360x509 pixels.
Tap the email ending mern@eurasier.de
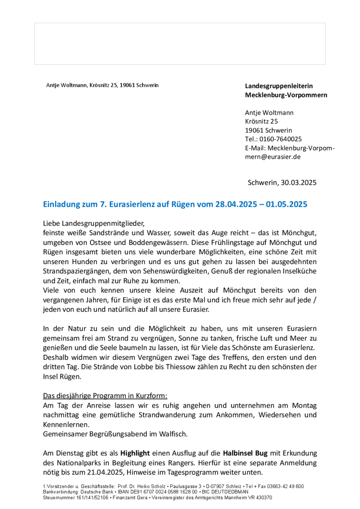pyautogui.click(x=272, y=156)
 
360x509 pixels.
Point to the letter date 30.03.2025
pyautogui.click(x=298, y=182)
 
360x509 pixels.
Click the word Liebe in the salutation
pyautogui.click(x=51, y=224)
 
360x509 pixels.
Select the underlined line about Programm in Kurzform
pyautogui.click(x=105, y=396)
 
